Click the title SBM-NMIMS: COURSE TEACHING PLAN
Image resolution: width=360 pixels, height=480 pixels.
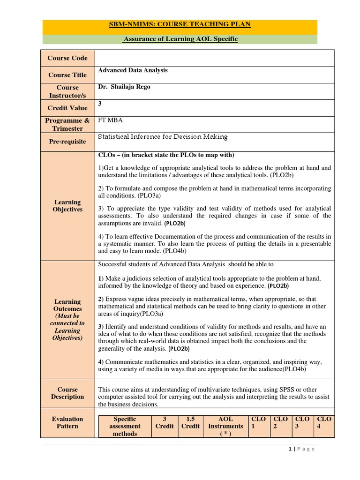click(180, 25)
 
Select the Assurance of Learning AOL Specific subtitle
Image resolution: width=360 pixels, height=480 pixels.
click(180, 39)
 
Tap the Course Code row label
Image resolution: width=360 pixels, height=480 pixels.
click(67, 58)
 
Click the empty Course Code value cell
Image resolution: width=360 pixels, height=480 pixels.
click(215, 58)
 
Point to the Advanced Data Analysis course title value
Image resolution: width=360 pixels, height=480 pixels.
click(133, 70)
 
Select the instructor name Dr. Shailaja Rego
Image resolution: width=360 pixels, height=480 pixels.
click(124, 87)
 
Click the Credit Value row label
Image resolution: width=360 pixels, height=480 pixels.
click(67, 108)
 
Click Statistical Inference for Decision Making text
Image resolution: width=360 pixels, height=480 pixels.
click(162, 137)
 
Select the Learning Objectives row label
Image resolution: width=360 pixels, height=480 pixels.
click(67, 206)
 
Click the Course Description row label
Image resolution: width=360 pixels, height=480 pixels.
click(67, 393)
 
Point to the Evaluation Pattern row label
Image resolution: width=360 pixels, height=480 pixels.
click(67, 422)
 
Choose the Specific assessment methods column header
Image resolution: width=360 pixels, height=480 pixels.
click(124, 426)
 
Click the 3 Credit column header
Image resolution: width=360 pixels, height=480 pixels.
click(165, 422)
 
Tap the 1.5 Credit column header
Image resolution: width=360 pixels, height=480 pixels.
click(190, 422)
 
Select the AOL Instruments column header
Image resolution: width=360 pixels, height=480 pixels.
click(225, 426)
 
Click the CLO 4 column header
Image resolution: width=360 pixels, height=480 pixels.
click(324, 422)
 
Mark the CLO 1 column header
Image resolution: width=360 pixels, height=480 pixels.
click(258, 422)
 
